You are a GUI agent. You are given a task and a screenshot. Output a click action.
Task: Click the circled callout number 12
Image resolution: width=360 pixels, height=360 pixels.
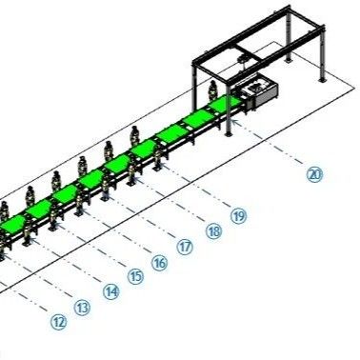coord(59,322)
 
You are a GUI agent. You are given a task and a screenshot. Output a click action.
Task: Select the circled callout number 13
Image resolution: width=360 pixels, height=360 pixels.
coord(83,307)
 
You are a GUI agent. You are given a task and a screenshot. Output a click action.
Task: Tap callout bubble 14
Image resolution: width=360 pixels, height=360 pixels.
coord(111,292)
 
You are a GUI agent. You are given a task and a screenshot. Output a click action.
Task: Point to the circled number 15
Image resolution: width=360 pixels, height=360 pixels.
coord(135,276)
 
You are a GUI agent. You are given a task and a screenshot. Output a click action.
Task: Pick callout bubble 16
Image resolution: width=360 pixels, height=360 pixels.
coord(159,262)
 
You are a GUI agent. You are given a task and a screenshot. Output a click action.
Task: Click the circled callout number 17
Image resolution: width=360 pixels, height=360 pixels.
coord(184,246)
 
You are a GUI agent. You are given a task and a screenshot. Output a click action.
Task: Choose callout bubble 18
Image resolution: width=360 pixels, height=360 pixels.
coord(213,230)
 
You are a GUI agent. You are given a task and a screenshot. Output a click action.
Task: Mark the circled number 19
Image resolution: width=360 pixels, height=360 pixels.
coord(238,215)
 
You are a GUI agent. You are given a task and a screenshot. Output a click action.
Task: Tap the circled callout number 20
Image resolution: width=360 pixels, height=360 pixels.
coord(314,173)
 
